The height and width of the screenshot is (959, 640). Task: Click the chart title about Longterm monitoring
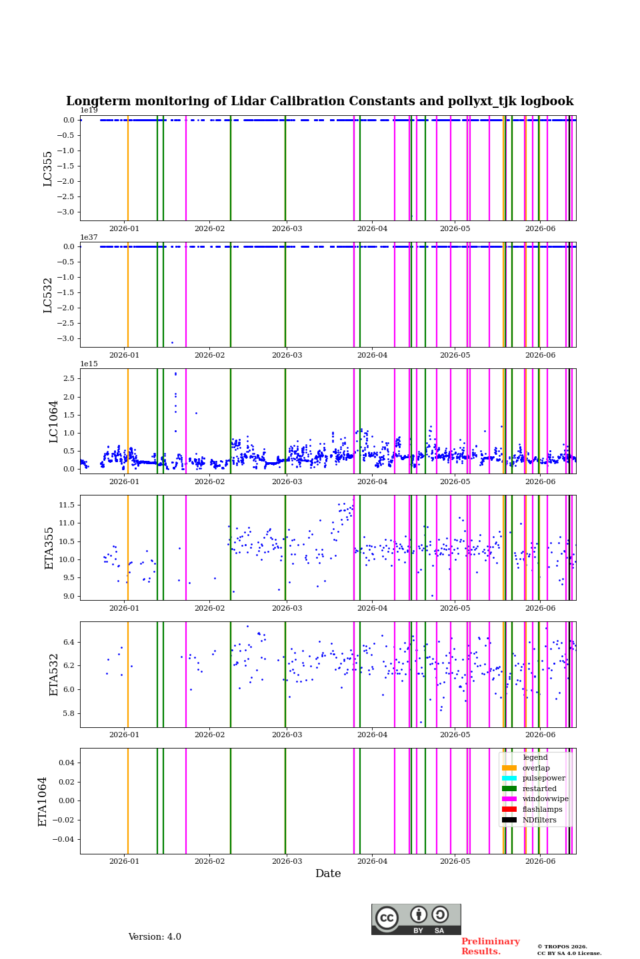pos(319,101)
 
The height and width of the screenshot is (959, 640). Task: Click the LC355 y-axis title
pos(47,168)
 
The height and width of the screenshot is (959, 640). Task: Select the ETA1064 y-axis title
pos(43,801)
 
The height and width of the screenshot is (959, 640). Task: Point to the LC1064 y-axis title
pos(53,422)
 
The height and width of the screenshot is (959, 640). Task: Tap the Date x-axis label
pos(328,873)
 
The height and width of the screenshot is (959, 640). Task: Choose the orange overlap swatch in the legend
pos(509,768)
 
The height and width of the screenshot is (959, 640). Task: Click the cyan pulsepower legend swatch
pos(509,779)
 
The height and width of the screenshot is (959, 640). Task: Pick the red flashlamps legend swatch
pos(509,809)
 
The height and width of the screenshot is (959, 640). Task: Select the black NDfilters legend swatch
pos(509,820)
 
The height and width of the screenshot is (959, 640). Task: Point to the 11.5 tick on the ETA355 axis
pos(67,505)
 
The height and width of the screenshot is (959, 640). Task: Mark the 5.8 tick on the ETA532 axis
pos(69,713)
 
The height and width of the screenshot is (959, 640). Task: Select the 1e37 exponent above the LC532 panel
pos(89,237)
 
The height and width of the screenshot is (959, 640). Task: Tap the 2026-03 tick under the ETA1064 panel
pos(287,861)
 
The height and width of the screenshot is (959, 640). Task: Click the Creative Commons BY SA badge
pos(416,919)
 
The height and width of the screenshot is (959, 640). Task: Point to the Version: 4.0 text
pos(155,937)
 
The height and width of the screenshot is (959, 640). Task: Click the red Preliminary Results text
pos(491,946)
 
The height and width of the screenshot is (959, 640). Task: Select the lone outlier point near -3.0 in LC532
pos(172,342)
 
